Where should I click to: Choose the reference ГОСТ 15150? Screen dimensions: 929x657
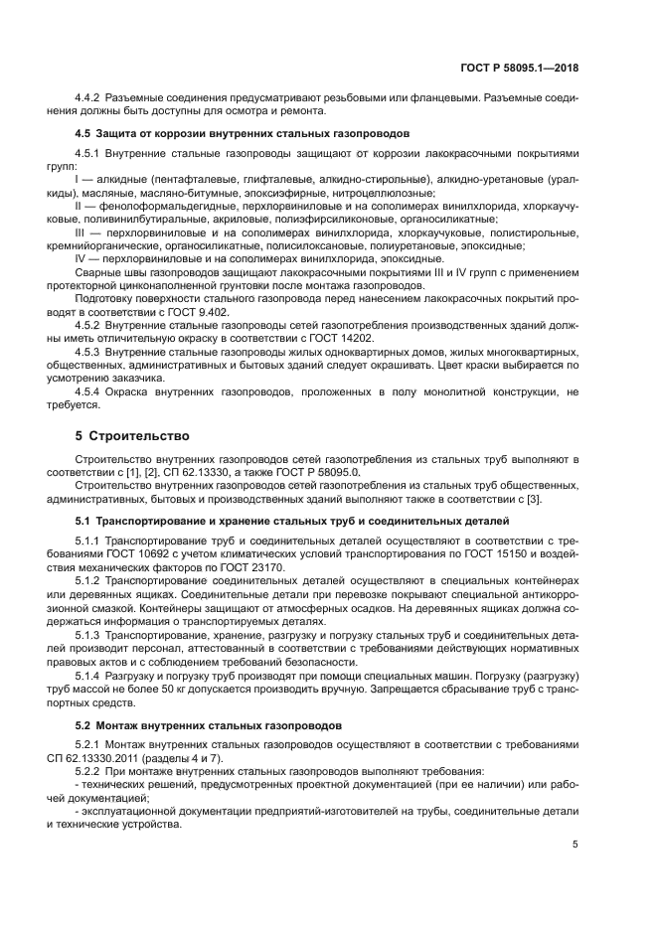(502, 551)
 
